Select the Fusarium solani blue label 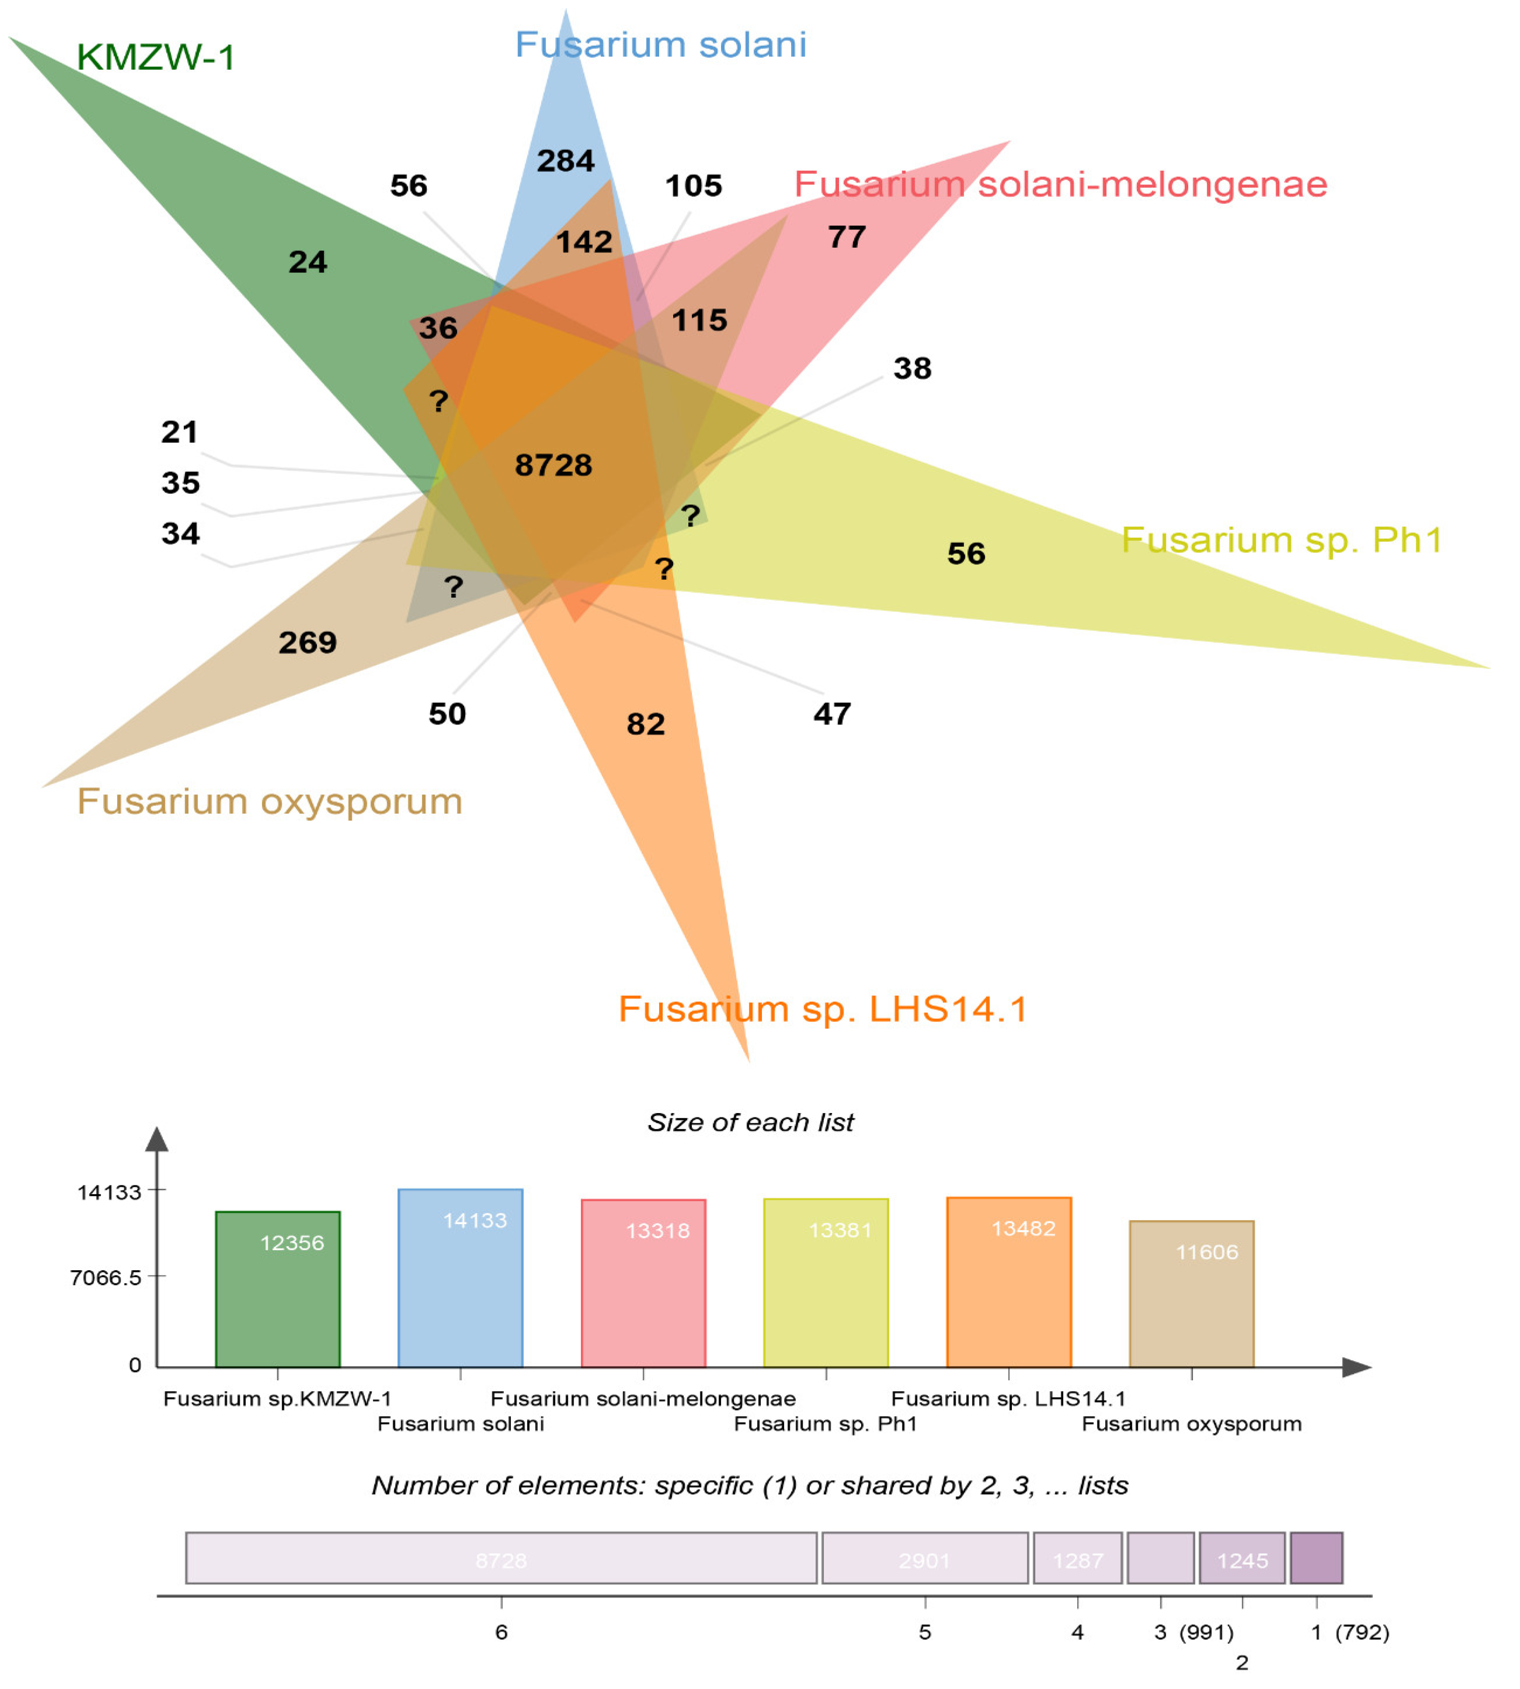click(x=661, y=44)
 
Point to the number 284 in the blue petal click(x=566, y=160)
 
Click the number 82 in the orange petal click(x=646, y=724)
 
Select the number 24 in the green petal click(x=307, y=262)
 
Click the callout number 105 click(x=693, y=185)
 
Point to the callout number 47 click(x=832, y=714)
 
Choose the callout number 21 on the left click(x=179, y=432)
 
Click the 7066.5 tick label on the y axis click(x=106, y=1277)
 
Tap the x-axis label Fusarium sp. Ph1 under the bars click(x=825, y=1423)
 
